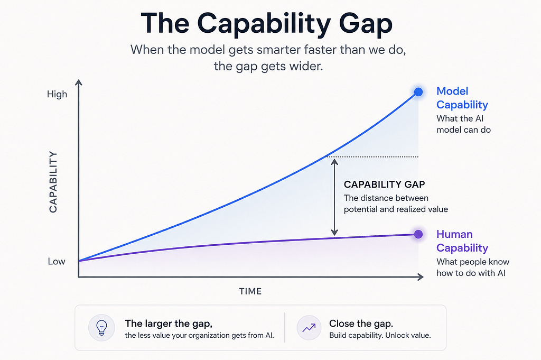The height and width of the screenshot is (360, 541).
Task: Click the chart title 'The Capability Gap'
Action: coord(266,23)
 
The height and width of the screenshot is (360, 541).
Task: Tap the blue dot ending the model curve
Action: coord(418,92)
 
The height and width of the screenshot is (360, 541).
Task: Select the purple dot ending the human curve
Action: coord(418,234)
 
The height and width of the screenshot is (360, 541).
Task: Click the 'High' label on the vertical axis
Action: coord(57,94)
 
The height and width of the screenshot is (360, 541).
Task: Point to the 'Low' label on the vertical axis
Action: coord(57,261)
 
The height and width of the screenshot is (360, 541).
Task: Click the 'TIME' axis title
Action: coord(250,291)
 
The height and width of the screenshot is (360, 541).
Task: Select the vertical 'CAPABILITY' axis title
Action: coord(53,182)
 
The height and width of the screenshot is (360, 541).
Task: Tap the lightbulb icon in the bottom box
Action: coord(101,328)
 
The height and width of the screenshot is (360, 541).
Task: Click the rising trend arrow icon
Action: coord(309,328)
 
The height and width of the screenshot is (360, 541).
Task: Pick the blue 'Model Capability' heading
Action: coord(462,98)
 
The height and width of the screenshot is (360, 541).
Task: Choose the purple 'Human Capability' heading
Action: coord(462,241)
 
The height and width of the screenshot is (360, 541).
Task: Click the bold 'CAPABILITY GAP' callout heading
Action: coord(385,184)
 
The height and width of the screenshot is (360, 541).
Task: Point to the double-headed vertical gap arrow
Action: coord(334,197)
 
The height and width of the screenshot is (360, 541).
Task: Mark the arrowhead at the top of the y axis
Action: coord(79,82)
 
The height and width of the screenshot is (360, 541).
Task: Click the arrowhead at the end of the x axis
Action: coord(421,277)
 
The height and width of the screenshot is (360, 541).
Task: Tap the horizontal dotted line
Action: coord(372,156)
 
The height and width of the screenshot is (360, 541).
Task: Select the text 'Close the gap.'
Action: coord(361,324)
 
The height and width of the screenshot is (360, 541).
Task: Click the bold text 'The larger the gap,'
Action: coord(169,324)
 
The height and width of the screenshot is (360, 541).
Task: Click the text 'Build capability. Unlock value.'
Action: coord(380,335)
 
